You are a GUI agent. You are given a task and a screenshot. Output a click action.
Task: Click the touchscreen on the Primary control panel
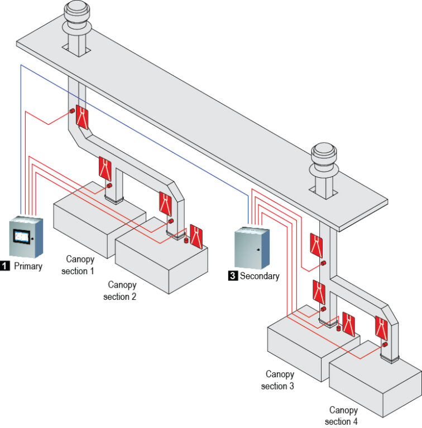(x=22, y=236)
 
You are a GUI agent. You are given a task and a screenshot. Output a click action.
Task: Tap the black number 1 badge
(x=5, y=266)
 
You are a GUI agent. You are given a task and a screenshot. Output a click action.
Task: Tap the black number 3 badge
(x=232, y=275)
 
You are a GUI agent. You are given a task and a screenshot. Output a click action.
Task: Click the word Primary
(x=28, y=266)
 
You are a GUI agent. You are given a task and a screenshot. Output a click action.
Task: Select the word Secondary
(x=260, y=275)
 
